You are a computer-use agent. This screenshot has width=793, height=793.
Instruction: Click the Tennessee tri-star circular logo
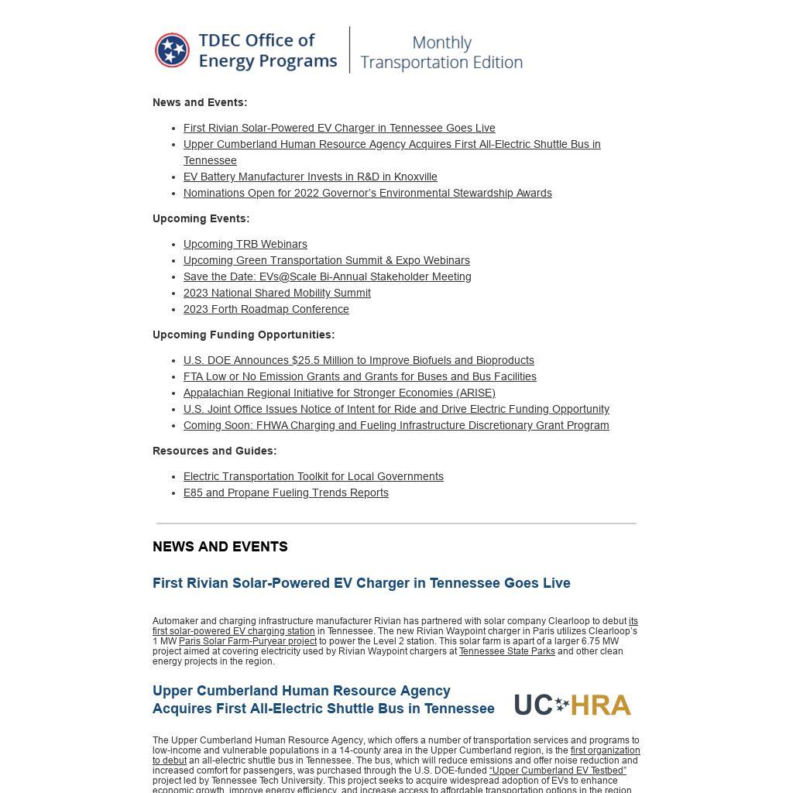[172, 50]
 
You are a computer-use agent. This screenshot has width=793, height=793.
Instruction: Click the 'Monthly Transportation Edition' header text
[441, 53]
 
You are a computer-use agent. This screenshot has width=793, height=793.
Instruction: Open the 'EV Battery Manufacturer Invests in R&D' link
[310, 177]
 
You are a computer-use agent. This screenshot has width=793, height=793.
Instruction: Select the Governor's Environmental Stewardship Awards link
[367, 193]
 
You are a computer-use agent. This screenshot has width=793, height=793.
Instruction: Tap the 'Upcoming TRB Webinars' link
[245, 244]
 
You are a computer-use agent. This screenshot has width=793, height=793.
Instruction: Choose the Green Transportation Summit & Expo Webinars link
[326, 260]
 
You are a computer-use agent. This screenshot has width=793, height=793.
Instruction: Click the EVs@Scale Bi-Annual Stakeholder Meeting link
[327, 276]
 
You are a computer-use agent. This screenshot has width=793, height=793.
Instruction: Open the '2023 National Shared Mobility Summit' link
[276, 293]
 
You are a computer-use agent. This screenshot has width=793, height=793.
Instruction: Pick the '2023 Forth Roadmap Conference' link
[266, 309]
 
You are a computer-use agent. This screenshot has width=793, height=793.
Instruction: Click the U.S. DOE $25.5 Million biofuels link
[359, 360]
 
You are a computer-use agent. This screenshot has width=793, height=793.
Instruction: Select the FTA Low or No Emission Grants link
[359, 376]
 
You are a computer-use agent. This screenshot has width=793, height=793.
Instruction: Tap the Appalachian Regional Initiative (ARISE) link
[339, 393]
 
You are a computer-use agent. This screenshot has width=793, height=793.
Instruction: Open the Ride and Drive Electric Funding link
[396, 409]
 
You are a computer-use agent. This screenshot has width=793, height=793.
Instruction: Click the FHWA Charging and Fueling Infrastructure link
[396, 425]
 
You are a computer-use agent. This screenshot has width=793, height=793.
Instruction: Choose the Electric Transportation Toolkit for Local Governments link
[313, 476]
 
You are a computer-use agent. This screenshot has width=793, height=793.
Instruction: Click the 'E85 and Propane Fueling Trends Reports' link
[286, 493]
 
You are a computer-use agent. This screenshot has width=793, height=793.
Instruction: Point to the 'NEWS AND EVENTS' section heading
[220, 547]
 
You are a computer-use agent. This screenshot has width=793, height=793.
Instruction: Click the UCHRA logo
[572, 705]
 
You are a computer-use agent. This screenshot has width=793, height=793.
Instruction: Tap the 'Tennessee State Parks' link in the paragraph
[506, 651]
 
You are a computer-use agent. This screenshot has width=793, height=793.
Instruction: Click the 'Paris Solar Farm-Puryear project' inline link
[247, 641]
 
